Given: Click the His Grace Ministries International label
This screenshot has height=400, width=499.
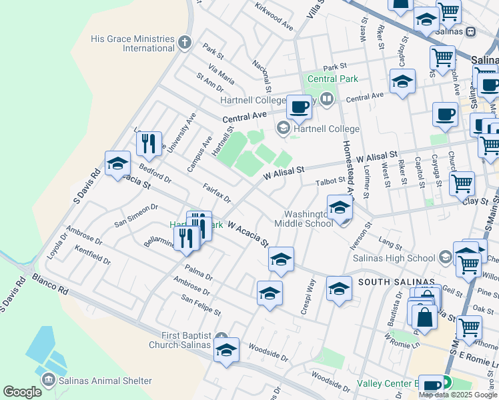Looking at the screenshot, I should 133,44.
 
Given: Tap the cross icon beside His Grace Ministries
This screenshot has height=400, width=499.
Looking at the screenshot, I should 185,44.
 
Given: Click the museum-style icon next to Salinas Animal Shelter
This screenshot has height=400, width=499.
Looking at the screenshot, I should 49,381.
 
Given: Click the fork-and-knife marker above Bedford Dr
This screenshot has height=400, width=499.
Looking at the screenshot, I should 148,143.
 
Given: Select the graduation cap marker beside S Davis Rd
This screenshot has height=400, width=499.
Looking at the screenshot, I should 117,164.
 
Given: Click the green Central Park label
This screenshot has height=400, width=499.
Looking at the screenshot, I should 332,79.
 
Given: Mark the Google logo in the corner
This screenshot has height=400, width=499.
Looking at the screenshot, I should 22,392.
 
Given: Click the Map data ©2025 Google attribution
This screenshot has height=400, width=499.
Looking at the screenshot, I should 457,395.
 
